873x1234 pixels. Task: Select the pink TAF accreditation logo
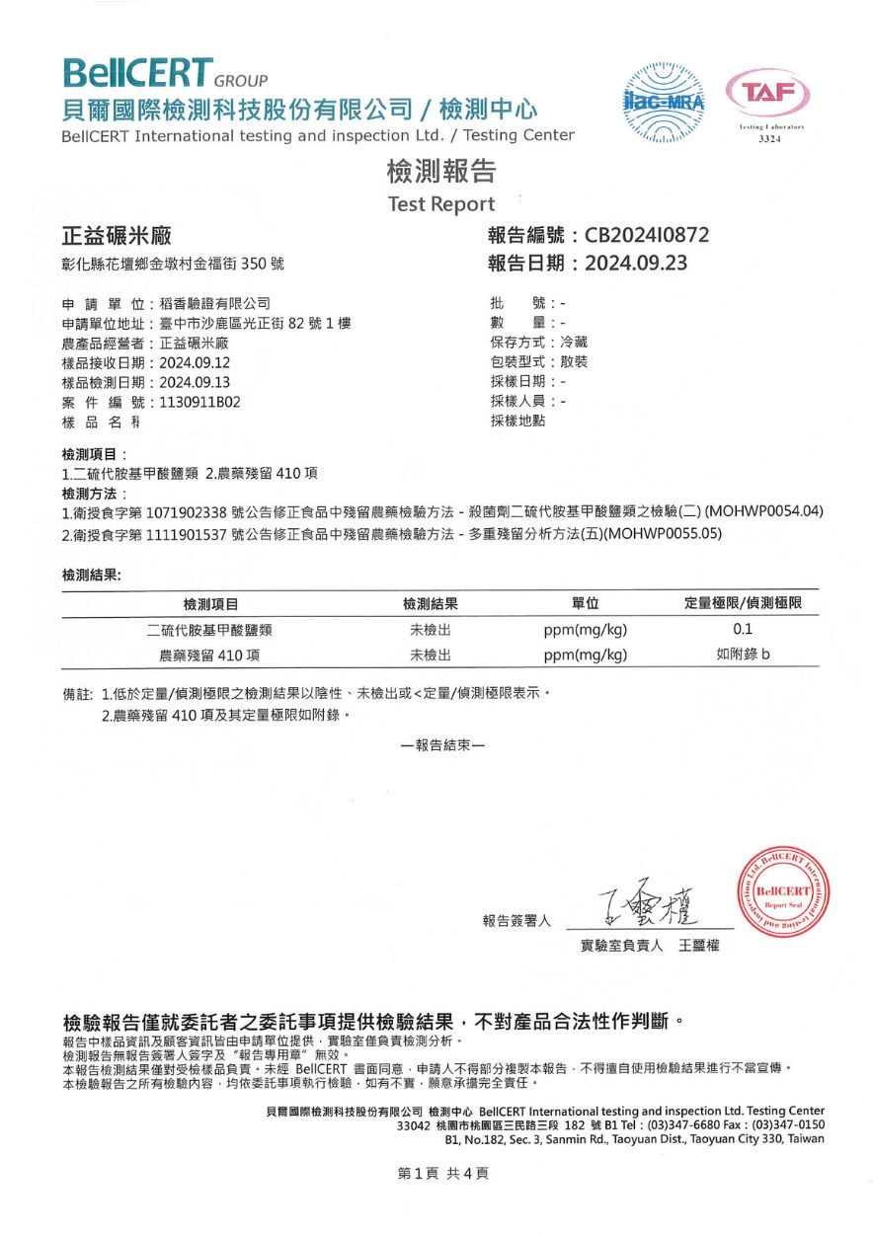767,97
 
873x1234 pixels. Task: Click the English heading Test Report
441,204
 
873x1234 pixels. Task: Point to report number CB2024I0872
646,235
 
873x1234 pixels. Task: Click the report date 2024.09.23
635,264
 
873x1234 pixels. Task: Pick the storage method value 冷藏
574,343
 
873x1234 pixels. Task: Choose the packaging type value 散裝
574,362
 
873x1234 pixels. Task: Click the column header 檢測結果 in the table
431,603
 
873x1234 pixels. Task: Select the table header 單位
586,603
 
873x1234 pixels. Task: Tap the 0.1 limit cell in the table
743,629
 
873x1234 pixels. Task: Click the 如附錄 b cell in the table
743,654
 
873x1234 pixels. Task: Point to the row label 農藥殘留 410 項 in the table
210,655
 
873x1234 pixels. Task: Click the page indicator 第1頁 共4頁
442,1173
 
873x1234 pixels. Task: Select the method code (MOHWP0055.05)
663,534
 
